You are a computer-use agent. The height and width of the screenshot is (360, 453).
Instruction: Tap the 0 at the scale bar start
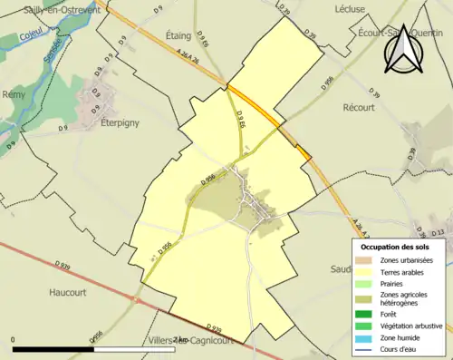point(14,340)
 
